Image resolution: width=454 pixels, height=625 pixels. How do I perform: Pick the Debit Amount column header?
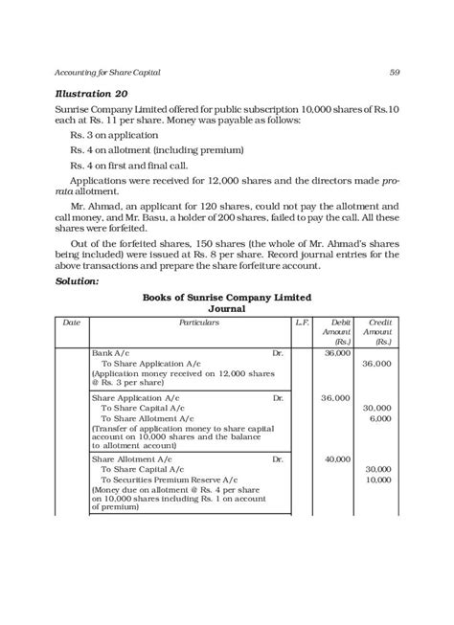point(338,358)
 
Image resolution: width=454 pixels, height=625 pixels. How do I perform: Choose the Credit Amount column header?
point(380,358)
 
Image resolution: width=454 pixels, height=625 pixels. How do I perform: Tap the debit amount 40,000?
point(337,459)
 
